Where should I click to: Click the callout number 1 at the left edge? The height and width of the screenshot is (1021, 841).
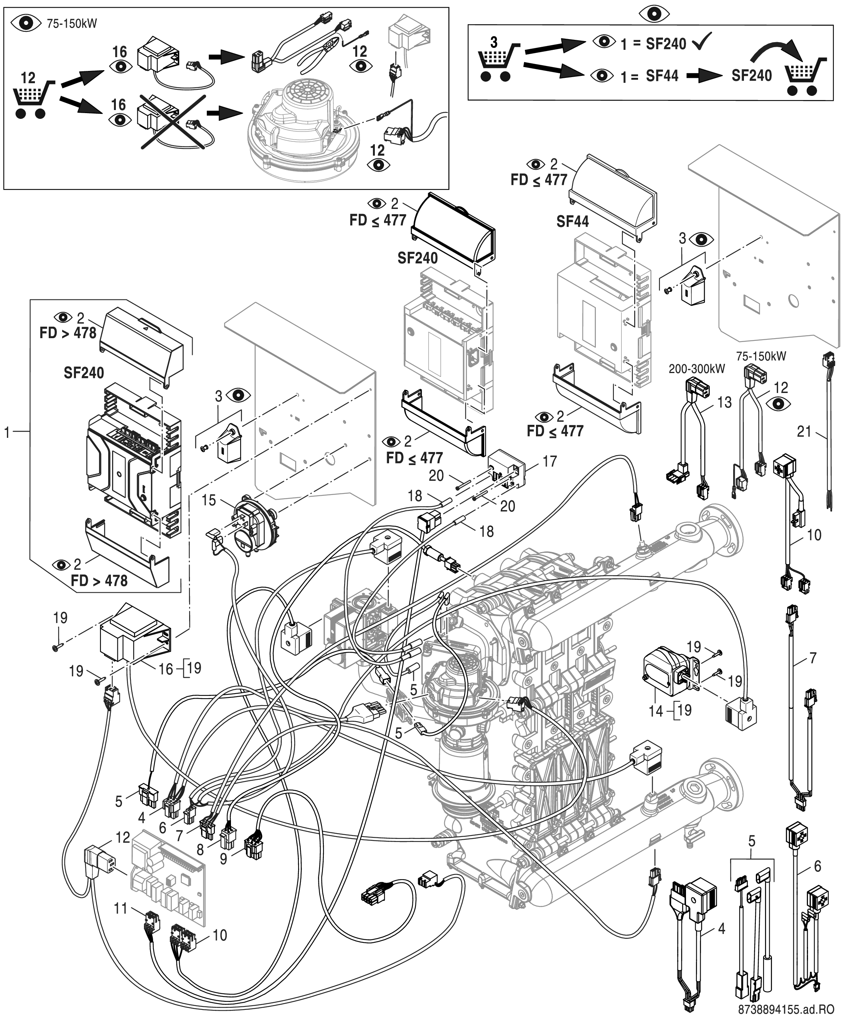click(x=7, y=432)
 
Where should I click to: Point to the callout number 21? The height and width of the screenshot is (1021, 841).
click(x=804, y=431)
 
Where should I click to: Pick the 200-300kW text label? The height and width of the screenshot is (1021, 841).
click(x=697, y=369)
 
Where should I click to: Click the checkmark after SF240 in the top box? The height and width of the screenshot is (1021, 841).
click(x=702, y=43)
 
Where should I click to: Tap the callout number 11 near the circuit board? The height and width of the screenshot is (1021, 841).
click(x=120, y=908)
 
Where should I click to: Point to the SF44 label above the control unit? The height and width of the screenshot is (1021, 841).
click(x=572, y=222)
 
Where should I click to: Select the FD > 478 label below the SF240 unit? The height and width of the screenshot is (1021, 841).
click(x=99, y=580)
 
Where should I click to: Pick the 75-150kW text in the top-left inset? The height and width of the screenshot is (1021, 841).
click(x=72, y=24)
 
